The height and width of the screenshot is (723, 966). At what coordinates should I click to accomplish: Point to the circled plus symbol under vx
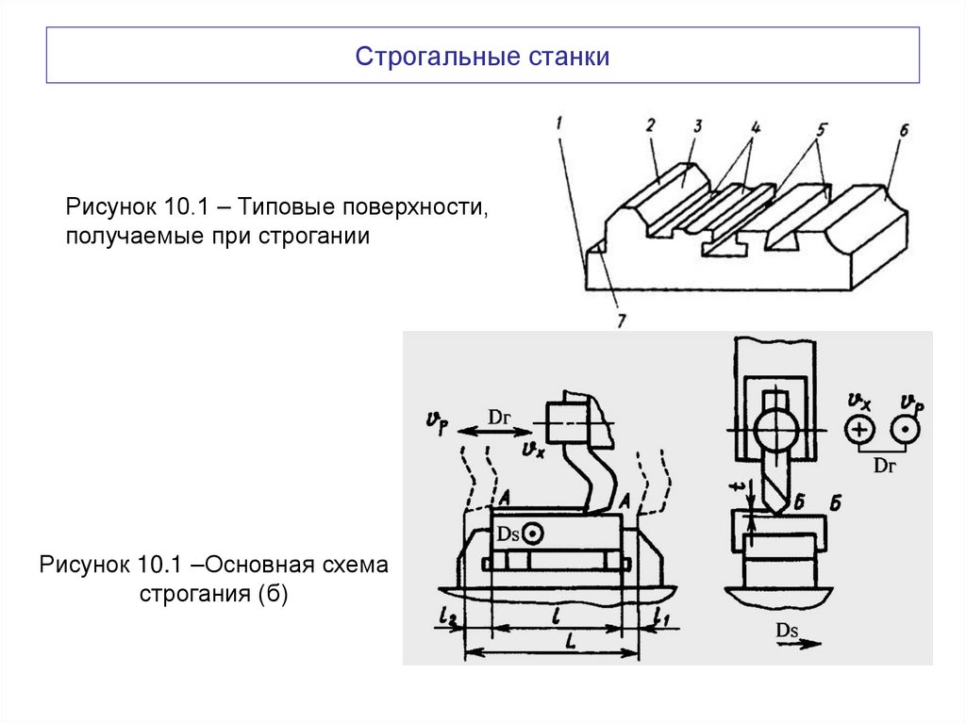pyautogui.click(x=860, y=432)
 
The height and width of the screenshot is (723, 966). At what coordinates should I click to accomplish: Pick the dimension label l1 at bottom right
pyautogui.click(x=659, y=617)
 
